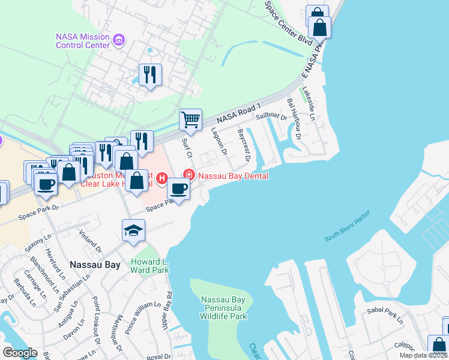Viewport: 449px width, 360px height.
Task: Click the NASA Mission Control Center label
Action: tap(82, 40)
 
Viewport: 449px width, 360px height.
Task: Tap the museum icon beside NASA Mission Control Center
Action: tap(119, 41)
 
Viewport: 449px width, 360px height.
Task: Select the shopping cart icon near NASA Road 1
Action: tap(190, 119)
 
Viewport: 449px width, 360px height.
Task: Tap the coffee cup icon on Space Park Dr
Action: tap(178, 189)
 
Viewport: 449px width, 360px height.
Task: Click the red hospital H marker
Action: tap(161, 178)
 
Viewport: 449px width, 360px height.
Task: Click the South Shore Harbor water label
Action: tap(348, 226)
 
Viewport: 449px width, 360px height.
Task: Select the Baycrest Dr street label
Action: tap(243, 143)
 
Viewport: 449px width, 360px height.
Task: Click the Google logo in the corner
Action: tap(20, 353)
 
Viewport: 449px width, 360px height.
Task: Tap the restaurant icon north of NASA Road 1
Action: tap(150, 74)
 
